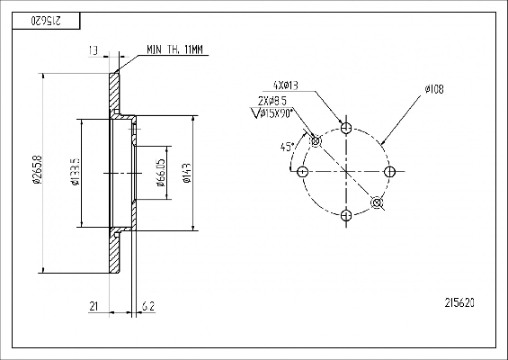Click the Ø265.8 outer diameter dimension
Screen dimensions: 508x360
[37, 170]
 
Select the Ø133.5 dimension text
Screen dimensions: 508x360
[76, 172]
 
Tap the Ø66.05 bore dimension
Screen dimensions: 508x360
[161, 173]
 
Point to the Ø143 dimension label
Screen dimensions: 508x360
[187, 173]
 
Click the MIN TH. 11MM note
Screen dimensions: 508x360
[174, 49]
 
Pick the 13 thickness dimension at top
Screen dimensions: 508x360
[94, 50]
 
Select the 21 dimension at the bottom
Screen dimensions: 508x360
[94, 306]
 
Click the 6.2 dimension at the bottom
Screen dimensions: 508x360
[148, 306]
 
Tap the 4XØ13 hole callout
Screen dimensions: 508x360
[286, 85]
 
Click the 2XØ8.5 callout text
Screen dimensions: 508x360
[272, 101]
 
